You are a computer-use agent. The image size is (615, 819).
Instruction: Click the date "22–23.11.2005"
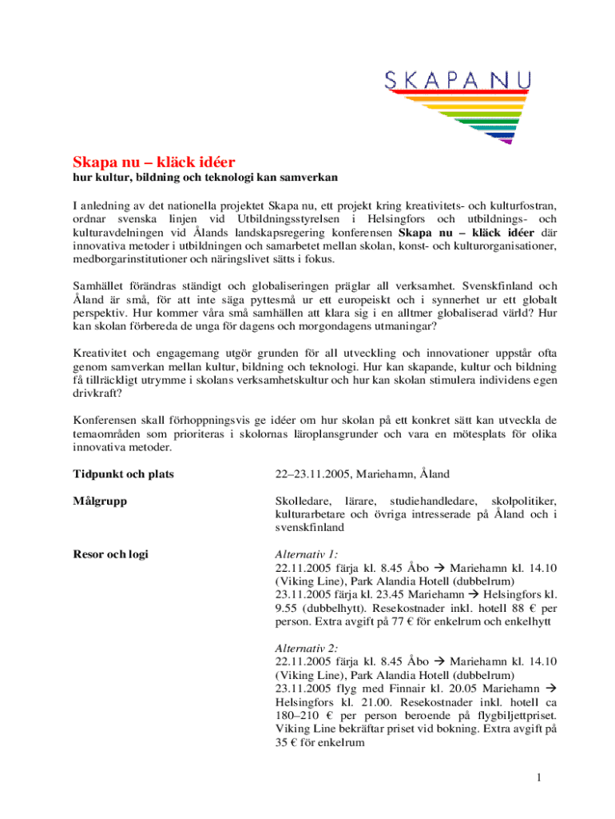[x=311, y=475]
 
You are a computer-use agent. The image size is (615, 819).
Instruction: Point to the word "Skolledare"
[x=304, y=501]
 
